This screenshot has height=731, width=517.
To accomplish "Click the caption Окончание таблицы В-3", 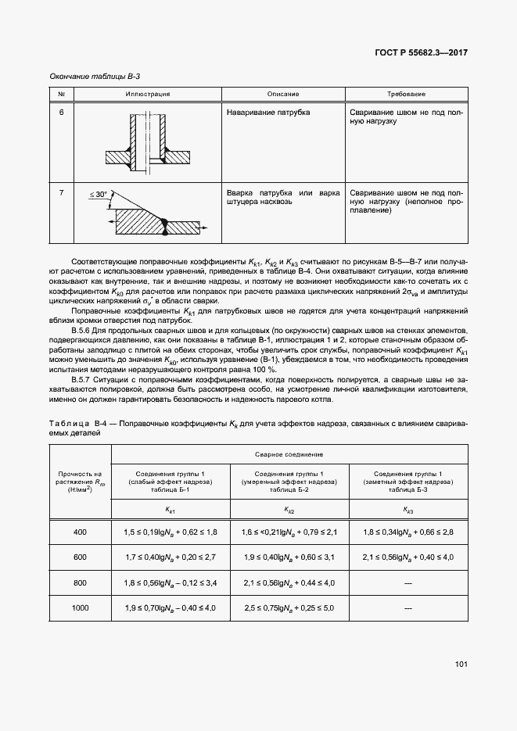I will [x=95, y=76].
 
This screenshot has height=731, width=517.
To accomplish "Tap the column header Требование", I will [x=406, y=94].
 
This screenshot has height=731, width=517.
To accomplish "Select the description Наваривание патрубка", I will [x=267, y=113].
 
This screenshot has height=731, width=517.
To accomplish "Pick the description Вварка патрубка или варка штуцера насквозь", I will [x=282, y=196].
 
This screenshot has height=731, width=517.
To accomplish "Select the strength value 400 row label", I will [x=81, y=532].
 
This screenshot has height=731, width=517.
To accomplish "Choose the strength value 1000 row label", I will [x=81, y=607].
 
